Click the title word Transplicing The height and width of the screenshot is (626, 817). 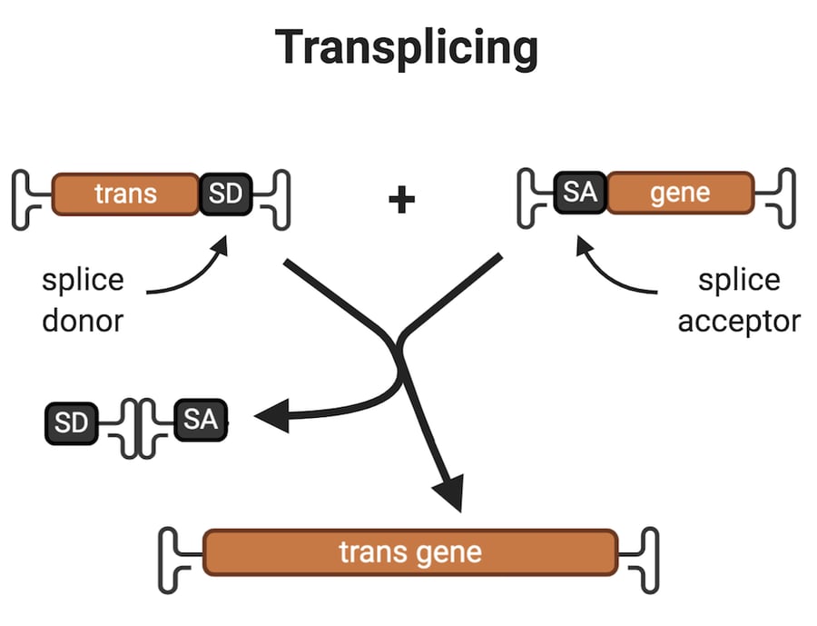click(x=407, y=47)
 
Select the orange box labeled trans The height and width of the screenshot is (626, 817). click(x=125, y=194)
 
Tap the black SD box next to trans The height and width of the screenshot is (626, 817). click(x=223, y=194)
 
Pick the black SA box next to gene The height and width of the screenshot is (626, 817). click(x=579, y=193)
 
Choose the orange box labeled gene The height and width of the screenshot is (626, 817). click(x=680, y=193)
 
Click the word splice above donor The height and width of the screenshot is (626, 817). click(x=83, y=279)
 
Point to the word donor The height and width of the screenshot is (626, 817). click(x=83, y=320)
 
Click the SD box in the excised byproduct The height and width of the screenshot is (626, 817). click(x=71, y=424)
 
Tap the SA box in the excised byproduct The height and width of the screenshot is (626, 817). click(x=200, y=419)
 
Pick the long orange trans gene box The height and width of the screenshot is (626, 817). click(x=410, y=551)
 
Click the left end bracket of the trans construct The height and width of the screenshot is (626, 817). click(x=27, y=198)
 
